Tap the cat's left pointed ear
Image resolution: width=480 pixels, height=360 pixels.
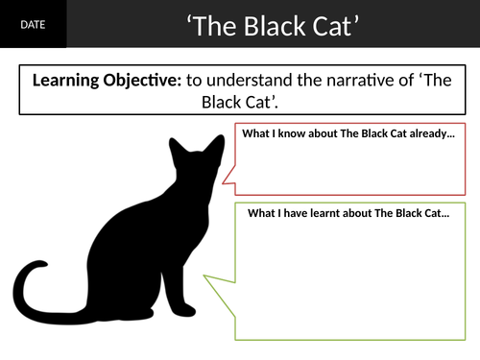point(175,147)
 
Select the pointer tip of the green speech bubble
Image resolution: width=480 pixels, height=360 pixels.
point(203,279)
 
